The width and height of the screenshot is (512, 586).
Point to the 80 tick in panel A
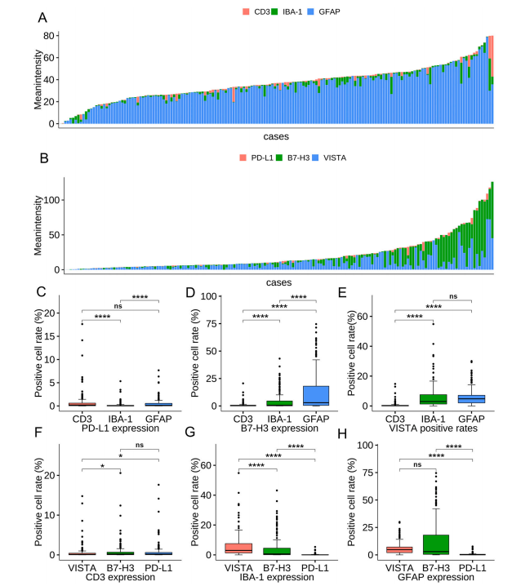(50, 36)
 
